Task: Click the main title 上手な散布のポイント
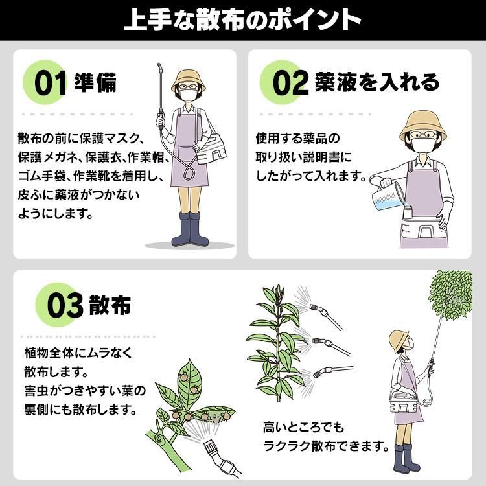point(242,19)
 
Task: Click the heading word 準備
point(97,84)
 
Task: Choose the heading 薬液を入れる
point(376,82)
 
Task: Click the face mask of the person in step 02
point(424,145)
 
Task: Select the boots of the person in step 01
point(190,230)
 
